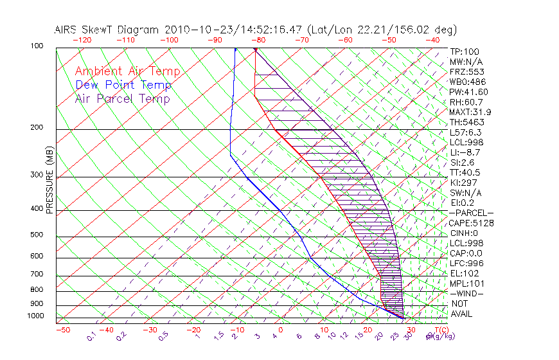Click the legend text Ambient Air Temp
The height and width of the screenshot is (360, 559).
(127, 72)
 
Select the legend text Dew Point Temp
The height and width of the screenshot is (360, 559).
(123, 85)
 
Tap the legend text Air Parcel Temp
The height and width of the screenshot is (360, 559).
(122, 99)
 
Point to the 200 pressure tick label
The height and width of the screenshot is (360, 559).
(37, 128)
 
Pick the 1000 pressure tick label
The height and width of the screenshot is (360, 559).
(35, 316)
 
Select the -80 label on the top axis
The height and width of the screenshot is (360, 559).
(258, 39)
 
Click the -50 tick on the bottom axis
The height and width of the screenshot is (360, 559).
(62, 330)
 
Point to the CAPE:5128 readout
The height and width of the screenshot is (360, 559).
(472, 223)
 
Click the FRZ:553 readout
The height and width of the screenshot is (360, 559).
(466, 71)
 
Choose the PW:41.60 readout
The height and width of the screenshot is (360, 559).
(469, 92)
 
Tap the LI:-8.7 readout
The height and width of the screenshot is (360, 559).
(465, 152)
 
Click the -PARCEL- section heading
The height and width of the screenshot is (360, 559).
(472, 213)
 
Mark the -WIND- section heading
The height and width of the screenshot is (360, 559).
(467, 294)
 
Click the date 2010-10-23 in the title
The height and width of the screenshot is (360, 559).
(192, 30)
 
